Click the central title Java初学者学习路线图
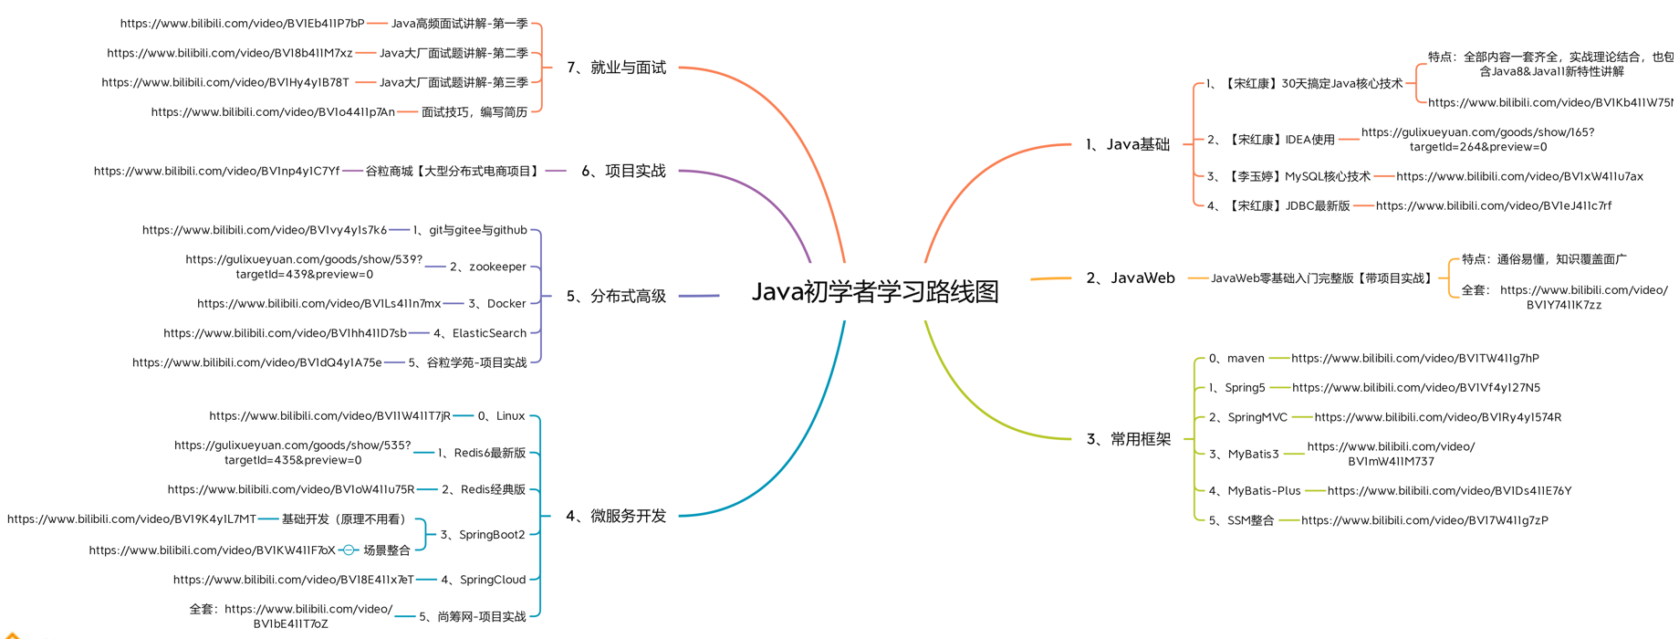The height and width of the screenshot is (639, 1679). tap(874, 292)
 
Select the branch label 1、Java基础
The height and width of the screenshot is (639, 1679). tap(1128, 144)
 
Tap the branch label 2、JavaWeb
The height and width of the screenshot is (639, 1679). tap(1131, 278)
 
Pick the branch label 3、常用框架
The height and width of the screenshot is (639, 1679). tap(1129, 439)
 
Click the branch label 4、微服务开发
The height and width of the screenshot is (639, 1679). tap(616, 516)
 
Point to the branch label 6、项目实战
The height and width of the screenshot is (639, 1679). tap(623, 171)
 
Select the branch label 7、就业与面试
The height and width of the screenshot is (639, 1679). tap(616, 68)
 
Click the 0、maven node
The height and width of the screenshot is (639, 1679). tap(1236, 358)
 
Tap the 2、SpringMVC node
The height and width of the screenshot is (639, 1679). tap(1247, 417)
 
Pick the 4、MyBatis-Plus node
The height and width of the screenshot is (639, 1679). tap(1255, 490)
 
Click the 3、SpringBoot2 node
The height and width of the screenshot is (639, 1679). tap(483, 534)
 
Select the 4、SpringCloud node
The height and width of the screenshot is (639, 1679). tap(484, 580)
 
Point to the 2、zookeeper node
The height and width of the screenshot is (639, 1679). tap(488, 267)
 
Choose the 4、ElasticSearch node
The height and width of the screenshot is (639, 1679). tap(480, 333)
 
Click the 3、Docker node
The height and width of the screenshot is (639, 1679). tap(497, 303)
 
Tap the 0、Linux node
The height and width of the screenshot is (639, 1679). tap(501, 415)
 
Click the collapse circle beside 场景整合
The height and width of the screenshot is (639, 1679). tap(349, 550)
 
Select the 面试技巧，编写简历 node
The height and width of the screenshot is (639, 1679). tap(474, 112)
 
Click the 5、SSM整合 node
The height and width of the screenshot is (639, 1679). tap(1241, 520)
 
